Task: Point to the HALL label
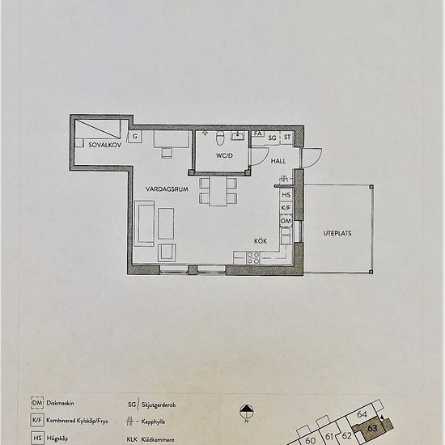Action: tap(279, 161)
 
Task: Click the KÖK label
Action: tap(261, 240)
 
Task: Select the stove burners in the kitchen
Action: tap(252, 258)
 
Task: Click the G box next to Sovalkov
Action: tap(135, 138)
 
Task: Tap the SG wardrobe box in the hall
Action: tap(273, 139)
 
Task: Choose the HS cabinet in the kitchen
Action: tap(286, 195)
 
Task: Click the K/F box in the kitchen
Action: tap(286, 208)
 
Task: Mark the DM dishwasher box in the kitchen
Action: tap(286, 220)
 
